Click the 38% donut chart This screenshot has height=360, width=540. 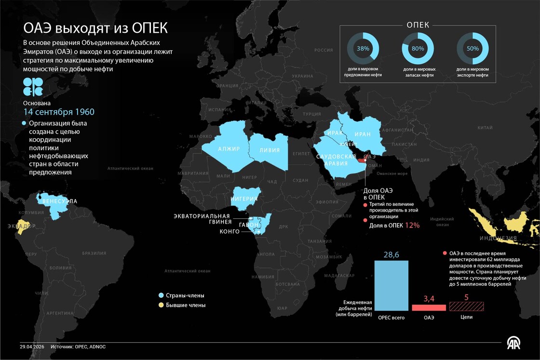point(363,49)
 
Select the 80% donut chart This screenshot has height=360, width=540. point(418,49)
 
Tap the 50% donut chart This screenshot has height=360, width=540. point(472,49)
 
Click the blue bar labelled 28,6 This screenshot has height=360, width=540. point(391,285)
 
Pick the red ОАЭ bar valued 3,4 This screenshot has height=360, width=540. point(429,307)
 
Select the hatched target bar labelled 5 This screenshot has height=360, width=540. point(466,307)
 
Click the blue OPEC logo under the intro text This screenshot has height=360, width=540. point(33,87)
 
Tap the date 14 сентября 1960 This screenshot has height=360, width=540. point(59,112)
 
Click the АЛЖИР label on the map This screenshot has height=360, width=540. point(229,148)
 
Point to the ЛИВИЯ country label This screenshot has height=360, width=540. point(270,150)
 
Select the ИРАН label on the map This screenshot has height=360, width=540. point(362,134)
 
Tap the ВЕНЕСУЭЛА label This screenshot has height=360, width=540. point(60,201)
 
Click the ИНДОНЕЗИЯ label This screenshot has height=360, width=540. point(498,238)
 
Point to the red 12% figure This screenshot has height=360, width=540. point(412,225)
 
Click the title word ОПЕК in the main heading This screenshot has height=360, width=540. point(148,28)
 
